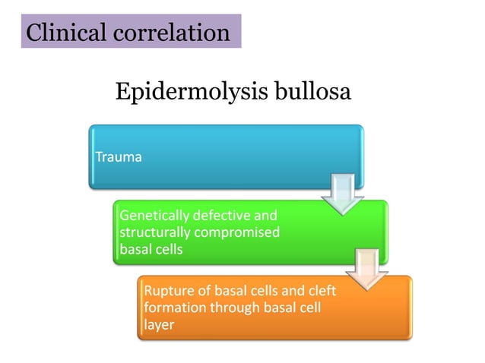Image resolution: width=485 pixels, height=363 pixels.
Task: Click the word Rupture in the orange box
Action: point(166,292)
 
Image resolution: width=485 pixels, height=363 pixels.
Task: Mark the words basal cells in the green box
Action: point(151,248)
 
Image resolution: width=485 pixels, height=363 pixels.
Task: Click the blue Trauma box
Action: point(226,157)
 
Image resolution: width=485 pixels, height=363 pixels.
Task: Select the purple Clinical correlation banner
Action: point(131,33)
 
